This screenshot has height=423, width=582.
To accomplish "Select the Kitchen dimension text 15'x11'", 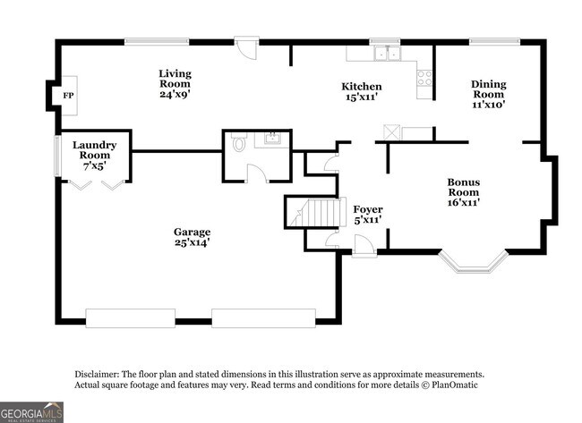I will (362, 98).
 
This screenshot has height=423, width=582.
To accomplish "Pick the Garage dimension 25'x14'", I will (192, 242).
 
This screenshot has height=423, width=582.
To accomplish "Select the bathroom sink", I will (271, 139).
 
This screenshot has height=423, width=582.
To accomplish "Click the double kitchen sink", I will (388, 53).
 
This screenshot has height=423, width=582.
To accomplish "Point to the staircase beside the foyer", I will (315, 213).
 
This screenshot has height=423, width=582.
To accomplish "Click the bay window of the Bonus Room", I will (474, 262).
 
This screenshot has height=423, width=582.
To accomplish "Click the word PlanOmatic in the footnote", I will (455, 385).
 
